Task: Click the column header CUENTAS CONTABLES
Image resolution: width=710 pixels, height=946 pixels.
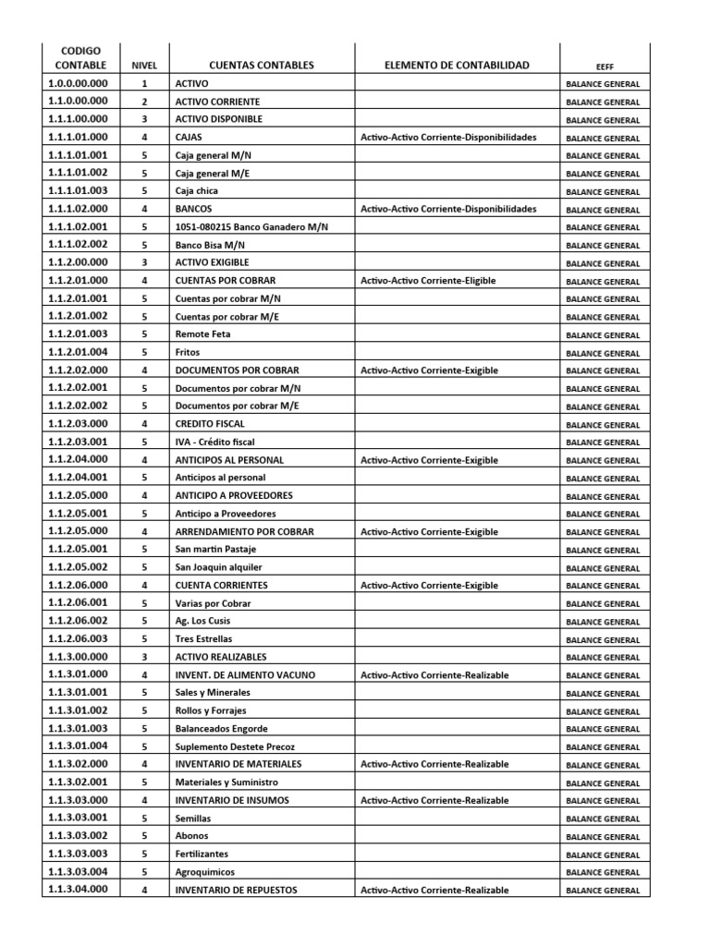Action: pos(262,66)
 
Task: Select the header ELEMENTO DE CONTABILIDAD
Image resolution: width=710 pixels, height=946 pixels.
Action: pos(457,66)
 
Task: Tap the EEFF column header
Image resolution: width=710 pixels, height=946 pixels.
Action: pos(604,67)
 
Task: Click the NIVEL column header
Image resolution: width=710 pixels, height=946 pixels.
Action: pos(144,67)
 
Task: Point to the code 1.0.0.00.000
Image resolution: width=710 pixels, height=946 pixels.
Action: pos(78,84)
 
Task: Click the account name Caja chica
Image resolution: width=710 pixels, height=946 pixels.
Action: pos(197,191)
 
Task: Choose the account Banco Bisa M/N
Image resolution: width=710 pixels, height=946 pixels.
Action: pos(210,245)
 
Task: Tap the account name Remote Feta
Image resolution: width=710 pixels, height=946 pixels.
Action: pos(202,334)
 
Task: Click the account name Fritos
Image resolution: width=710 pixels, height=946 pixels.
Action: pos(188,352)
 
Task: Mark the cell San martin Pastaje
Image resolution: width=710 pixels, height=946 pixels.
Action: pos(214,550)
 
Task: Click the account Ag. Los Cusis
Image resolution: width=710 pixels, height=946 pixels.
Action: pos(203,621)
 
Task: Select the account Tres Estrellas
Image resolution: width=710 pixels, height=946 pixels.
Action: pos(203,639)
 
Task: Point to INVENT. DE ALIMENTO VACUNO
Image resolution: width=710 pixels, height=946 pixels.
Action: pos(245,675)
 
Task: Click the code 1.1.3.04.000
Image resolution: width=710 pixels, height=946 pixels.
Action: pos(78,890)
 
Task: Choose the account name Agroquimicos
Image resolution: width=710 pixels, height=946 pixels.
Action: pos(204,872)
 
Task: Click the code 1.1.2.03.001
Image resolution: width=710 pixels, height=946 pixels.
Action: pos(78,442)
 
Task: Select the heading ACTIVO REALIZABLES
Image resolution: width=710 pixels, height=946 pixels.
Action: pos(221,657)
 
